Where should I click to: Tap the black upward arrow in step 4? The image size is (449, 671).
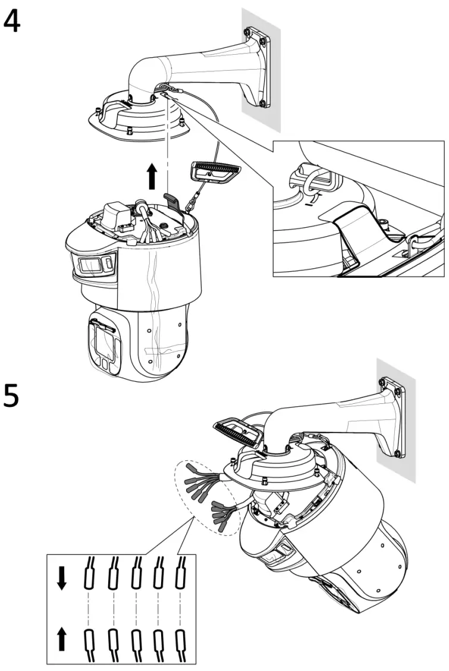152,177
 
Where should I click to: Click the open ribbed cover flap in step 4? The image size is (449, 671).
215,172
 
